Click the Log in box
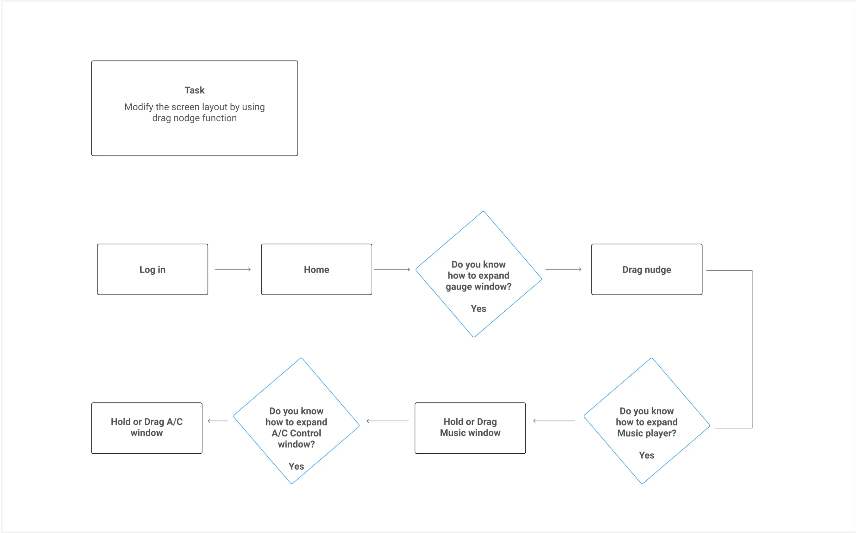coord(152,269)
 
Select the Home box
coord(316,269)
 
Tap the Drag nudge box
coord(646,269)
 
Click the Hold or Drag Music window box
coord(470,427)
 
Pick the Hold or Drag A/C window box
coord(147,427)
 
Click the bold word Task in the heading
coord(194,90)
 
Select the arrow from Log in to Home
coord(233,269)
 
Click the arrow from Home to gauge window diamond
coord(392,269)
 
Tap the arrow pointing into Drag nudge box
coord(563,269)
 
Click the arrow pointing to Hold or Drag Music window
coord(554,421)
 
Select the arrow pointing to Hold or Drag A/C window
coord(217,421)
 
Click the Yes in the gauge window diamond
coord(478,308)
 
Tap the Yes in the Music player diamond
coord(646,455)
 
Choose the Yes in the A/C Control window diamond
coord(296,466)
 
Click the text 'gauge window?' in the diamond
coord(478,286)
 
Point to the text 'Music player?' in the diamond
coord(646,433)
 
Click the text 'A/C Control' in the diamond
coord(296,433)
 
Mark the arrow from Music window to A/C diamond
coord(387,421)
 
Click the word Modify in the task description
coord(138,107)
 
